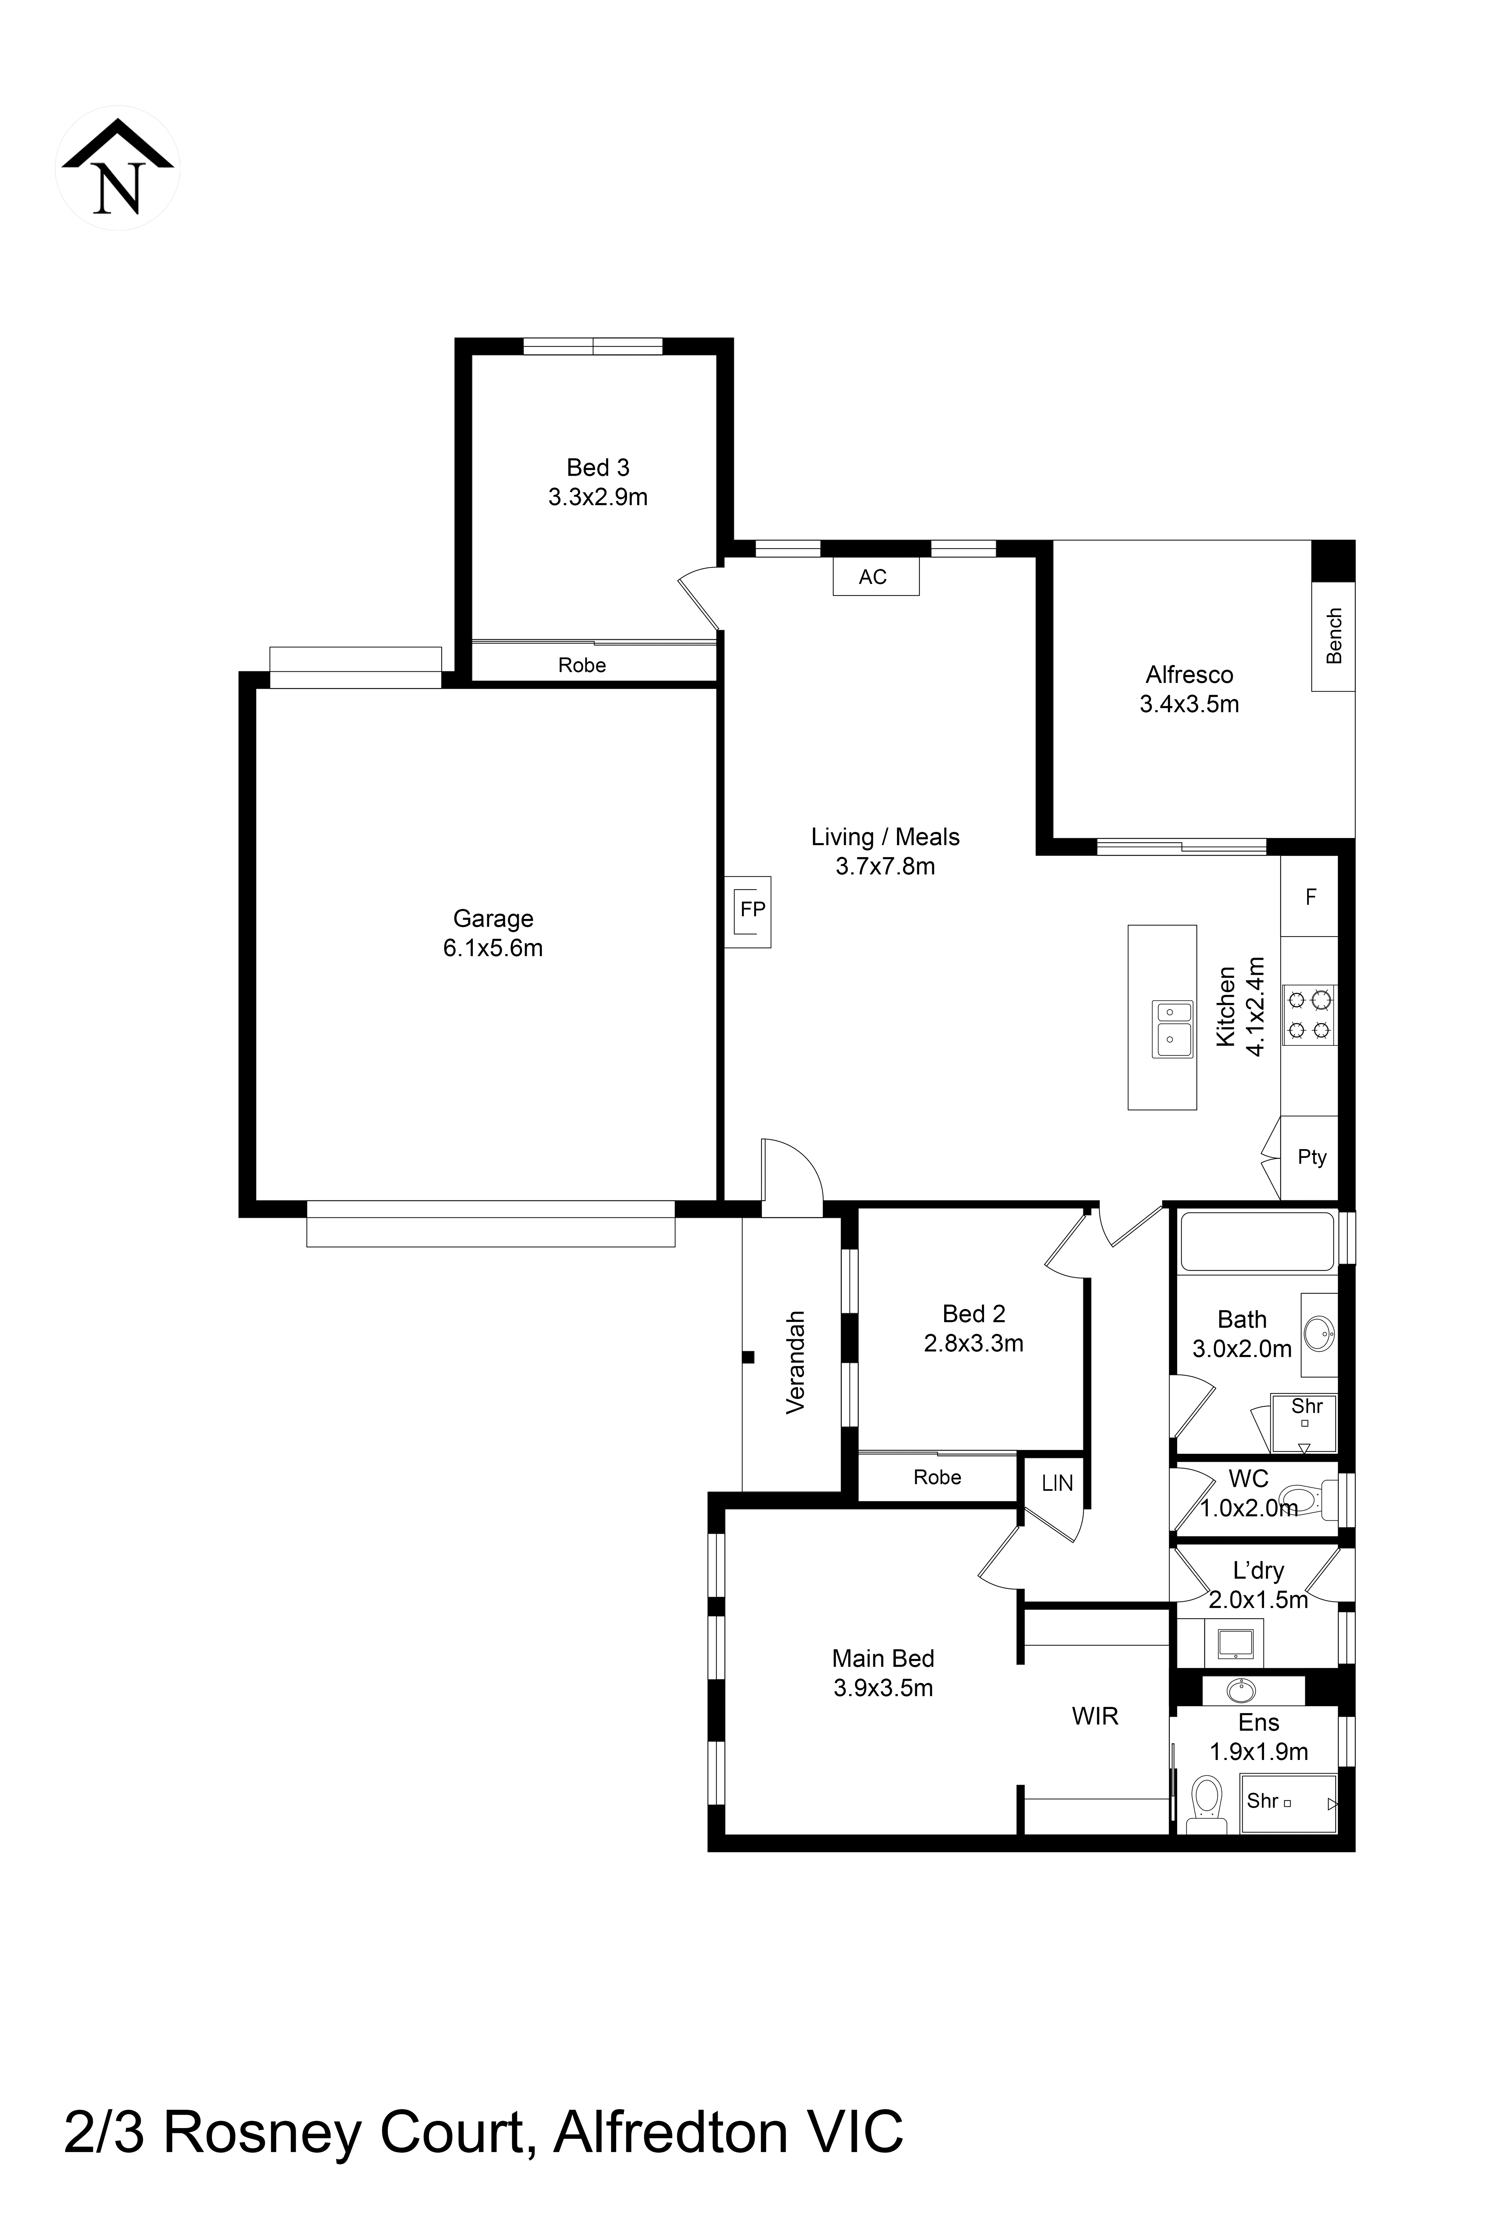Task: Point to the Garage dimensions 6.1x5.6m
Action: tap(493, 949)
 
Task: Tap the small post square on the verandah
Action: tap(749, 1357)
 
